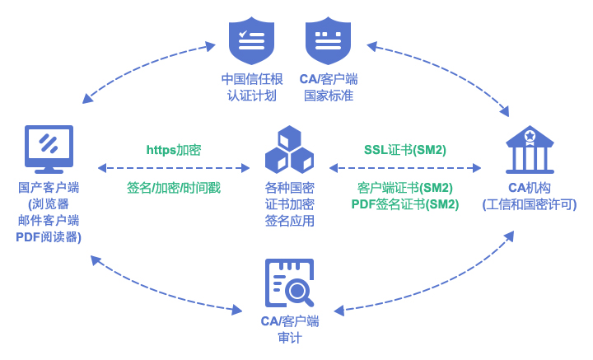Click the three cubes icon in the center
pos(289,149)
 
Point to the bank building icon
pos(530,149)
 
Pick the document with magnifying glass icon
pos(289,283)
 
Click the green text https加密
pos(174,150)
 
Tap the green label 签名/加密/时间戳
pos(174,187)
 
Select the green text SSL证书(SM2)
pos(405,150)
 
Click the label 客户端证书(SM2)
pos(405,187)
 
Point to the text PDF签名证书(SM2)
pos(405,203)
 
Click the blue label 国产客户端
pos(49,187)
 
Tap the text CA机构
pos(530,187)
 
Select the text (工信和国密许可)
pos(530,203)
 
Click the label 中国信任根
pos(251,79)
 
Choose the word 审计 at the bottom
pos(289,337)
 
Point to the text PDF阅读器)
pos(49,236)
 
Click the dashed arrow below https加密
pos(174,168)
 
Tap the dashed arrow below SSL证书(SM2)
pos(405,168)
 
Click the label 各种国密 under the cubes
pos(289,187)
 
